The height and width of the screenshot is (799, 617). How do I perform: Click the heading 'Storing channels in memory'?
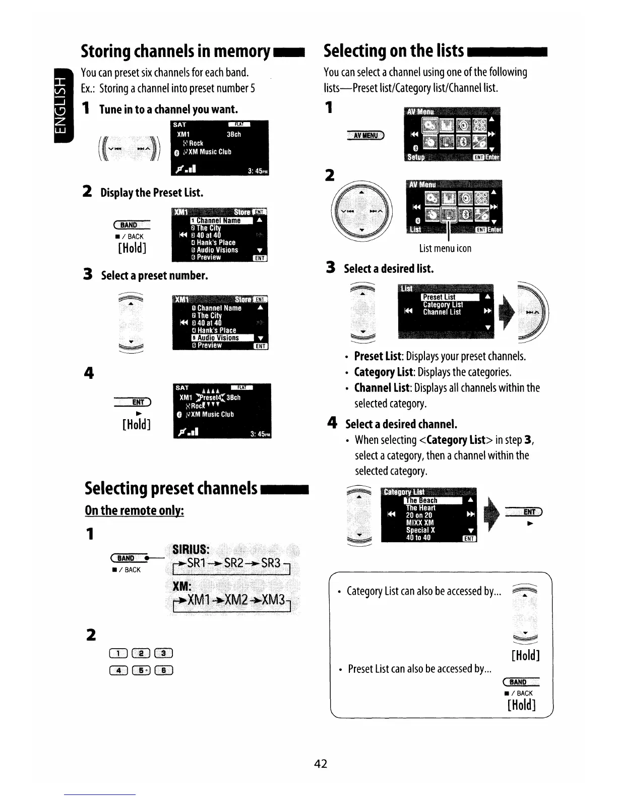click(x=175, y=51)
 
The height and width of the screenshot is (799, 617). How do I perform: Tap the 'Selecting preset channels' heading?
click(x=171, y=488)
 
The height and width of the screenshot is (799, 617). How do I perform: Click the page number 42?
click(x=321, y=764)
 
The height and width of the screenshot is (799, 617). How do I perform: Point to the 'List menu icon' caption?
click(x=445, y=248)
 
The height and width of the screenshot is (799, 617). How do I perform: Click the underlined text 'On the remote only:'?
click(x=134, y=510)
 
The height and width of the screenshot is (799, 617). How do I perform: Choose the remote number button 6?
click(x=165, y=670)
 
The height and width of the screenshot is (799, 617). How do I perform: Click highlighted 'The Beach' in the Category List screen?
click(x=422, y=500)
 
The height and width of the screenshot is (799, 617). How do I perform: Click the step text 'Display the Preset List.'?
click(x=152, y=193)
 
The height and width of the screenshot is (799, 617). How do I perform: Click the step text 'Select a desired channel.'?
click(x=401, y=424)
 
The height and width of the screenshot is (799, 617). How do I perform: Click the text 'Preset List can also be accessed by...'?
click(x=419, y=669)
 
